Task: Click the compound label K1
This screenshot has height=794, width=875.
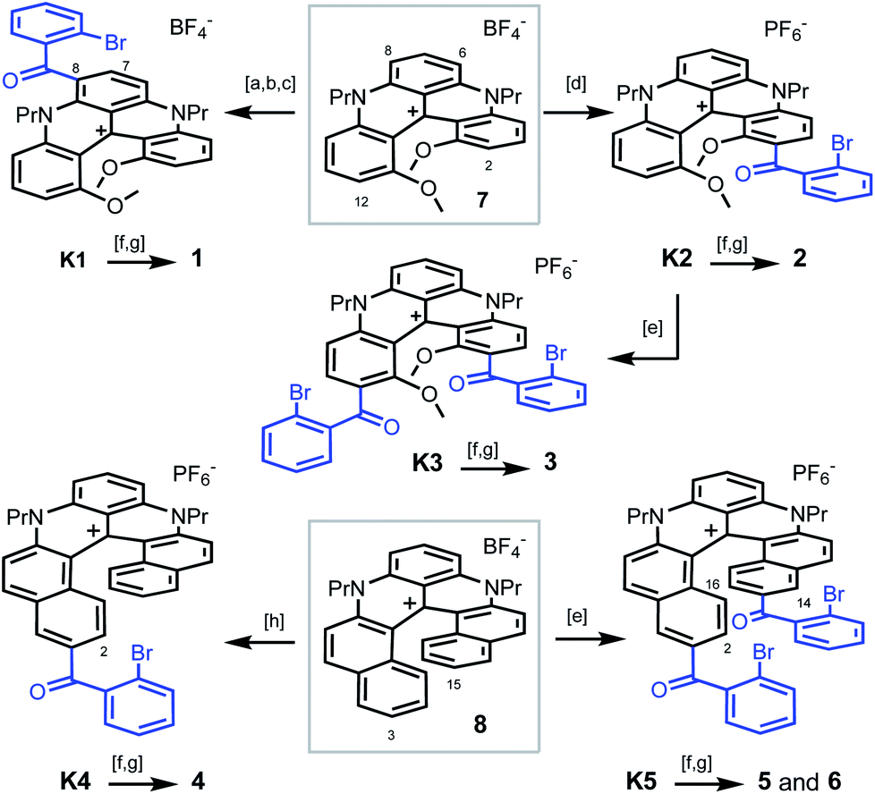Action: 73,260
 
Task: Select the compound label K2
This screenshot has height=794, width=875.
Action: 676,258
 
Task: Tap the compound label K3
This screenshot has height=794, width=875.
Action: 428,463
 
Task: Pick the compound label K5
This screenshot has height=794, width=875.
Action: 641,781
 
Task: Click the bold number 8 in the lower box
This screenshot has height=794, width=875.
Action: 480,725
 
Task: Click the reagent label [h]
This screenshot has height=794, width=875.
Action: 274,621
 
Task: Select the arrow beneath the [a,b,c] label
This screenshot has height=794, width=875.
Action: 259,114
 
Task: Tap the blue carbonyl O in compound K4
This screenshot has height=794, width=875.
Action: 38,691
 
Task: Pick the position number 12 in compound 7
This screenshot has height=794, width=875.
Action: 361,201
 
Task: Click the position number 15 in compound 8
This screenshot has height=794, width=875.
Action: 454,684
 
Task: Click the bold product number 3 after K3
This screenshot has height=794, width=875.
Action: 550,463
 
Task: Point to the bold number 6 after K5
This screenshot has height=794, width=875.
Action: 834,781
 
